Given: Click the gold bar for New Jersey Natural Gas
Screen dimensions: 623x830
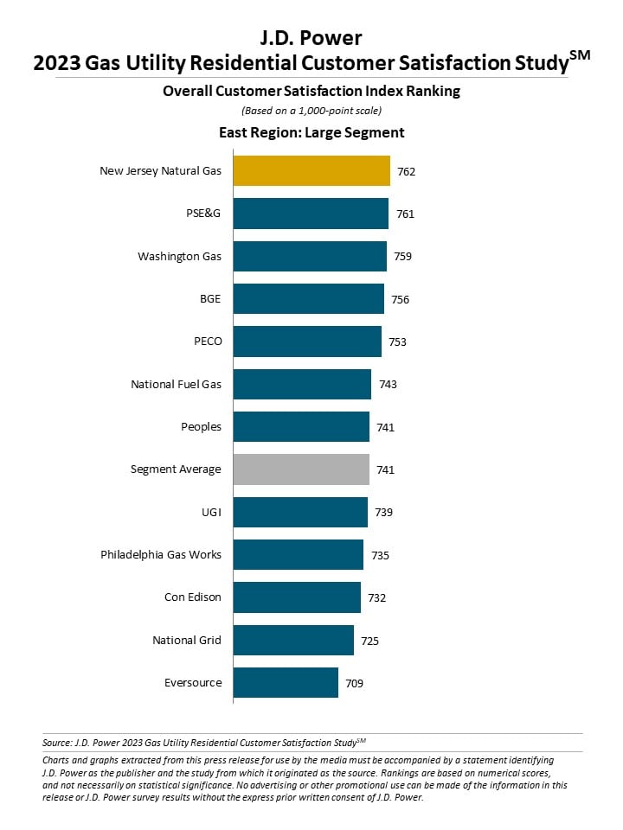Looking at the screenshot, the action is [311, 171].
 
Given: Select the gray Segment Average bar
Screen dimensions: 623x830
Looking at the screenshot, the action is [301, 469].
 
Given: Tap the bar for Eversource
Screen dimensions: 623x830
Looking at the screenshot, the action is [286, 683].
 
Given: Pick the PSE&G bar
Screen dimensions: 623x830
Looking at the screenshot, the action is [311, 214].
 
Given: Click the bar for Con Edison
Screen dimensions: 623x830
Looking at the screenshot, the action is [297, 597].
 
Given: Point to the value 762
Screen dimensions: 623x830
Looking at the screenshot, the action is [407, 171].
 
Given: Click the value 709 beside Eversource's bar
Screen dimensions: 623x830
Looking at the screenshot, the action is [355, 683].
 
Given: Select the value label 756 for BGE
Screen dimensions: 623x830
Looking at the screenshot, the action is [400, 300].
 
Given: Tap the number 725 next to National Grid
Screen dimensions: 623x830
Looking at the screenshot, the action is [369, 641].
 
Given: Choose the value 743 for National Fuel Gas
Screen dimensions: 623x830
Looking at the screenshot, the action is [388, 384].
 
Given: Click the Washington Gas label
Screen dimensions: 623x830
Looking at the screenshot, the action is [180, 257].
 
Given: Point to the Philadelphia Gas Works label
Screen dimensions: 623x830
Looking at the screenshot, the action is [161, 555].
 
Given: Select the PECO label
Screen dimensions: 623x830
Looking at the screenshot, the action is [208, 342].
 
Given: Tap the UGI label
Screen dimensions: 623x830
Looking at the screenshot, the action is [211, 513].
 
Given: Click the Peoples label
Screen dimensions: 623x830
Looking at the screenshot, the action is [202, 426].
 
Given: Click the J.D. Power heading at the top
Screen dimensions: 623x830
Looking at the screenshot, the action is [311, 38].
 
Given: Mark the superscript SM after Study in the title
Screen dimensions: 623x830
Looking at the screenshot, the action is [580, 55].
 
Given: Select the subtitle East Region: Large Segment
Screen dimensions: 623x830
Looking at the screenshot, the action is [311, 132].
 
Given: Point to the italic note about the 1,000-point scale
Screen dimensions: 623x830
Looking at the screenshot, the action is [311, 111].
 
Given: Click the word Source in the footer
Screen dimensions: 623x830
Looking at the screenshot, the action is [56, 743].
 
